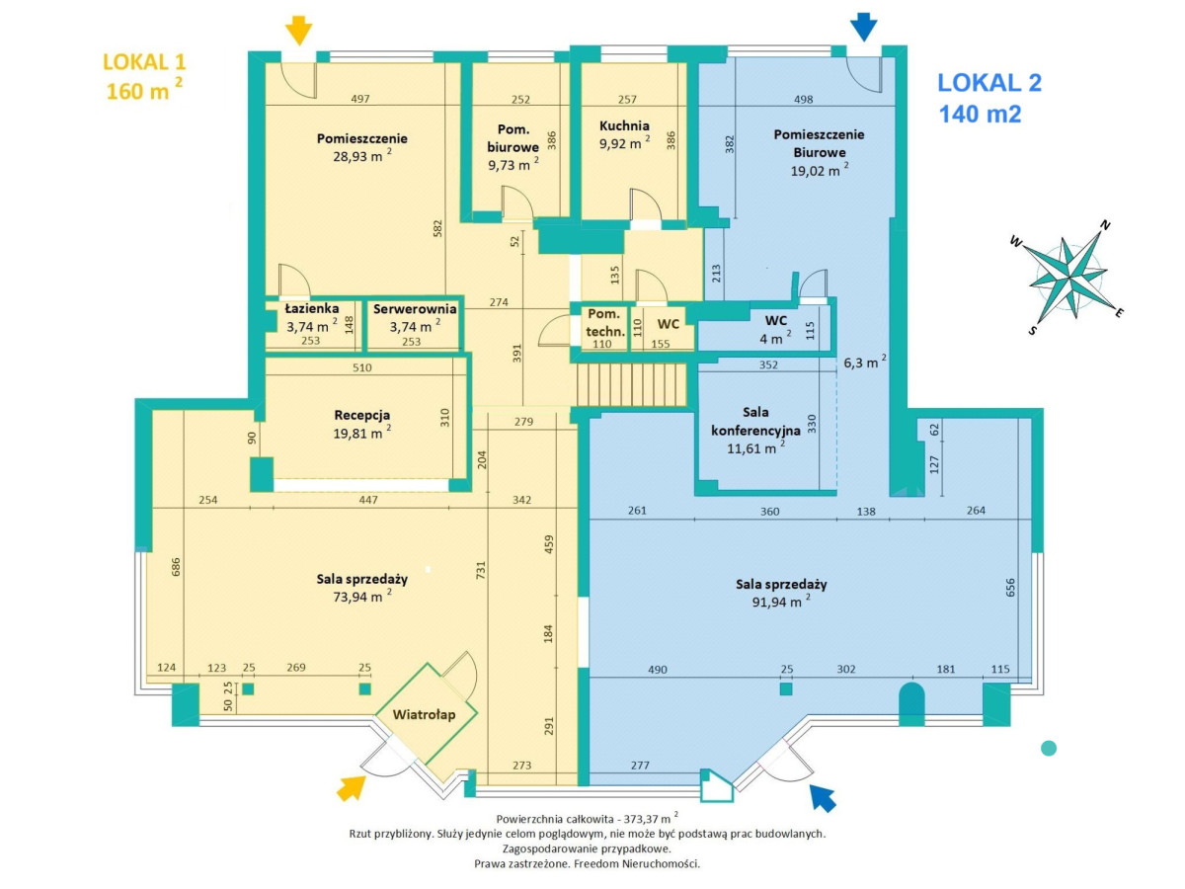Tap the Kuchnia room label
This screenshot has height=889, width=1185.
[x=624, y=125]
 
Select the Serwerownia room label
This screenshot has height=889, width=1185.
[x=414, y=308]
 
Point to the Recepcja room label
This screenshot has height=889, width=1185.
[x=362, y=415]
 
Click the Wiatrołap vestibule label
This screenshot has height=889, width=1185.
[x=424, y=715]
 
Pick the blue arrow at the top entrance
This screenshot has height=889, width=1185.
[x=863, y=27]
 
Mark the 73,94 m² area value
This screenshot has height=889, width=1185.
[x=361, y=594]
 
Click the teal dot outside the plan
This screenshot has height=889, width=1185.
[x=1049, y=748]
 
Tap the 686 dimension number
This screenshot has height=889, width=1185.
[x=177, y=567]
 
